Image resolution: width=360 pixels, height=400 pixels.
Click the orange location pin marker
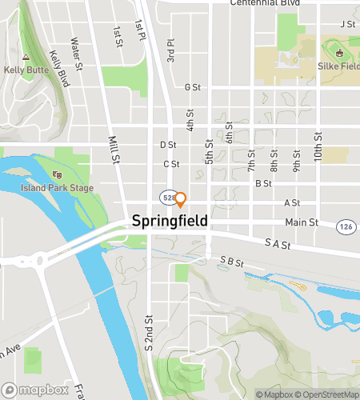pos(181,198)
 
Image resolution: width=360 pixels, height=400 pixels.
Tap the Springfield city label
pos(170,220)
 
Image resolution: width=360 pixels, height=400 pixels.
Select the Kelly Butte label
pos(26,70)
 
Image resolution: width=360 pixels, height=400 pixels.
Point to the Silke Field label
pos(339,66)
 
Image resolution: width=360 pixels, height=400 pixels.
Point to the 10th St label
pos(318,150)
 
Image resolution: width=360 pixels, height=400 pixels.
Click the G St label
pos(191,87)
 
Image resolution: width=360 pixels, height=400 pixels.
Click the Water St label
pos(77,53)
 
